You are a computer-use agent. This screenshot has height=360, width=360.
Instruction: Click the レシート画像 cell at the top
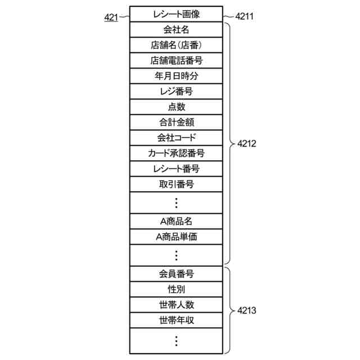click(x=176, y=14)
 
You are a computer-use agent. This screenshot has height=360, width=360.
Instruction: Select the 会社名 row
click(x=176, y=29)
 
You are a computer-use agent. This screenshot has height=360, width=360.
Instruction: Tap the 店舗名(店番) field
click(x=176, y=45)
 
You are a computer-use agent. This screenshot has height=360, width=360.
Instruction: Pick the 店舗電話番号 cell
click(x=176, y=60)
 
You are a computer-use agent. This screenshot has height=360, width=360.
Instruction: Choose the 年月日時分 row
click(x=176, y=75)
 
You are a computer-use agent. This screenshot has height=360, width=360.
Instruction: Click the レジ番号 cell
click(x=176, y=91)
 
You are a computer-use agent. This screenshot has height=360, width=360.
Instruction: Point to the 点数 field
click(x=176, y=106)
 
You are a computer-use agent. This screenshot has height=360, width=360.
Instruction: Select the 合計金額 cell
click(x=176, y=122)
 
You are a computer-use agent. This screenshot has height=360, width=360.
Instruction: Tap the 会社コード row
click(x=176, y=137)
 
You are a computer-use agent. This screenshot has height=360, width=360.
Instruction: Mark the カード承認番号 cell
click(x=176, y=153)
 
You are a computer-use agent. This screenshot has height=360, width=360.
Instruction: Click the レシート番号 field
click(x=176, y=168)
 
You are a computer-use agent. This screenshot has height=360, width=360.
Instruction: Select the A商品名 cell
click(x=176, y=221)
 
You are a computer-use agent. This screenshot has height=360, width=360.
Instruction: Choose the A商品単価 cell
click(x=176, y=236)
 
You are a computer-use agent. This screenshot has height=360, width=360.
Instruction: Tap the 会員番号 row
click(x=176, y=274)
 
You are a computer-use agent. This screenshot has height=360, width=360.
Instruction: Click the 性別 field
click(x=176, y=289)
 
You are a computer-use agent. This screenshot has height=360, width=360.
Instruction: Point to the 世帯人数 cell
click(x=176, y=305)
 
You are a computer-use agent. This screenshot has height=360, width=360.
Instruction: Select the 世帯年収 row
click(x=176, y=321)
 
